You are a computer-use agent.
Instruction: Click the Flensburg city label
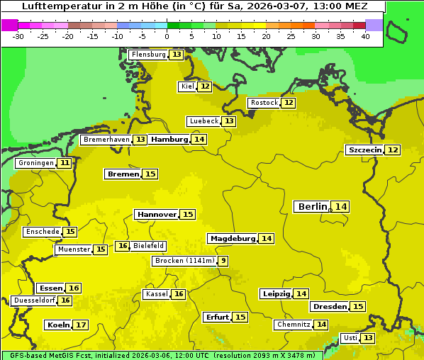148,55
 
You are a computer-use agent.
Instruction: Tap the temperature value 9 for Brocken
223,261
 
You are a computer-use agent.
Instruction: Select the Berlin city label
312,206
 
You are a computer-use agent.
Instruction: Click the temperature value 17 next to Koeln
81,325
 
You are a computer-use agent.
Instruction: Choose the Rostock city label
264,103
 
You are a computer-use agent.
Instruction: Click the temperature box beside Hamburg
199,140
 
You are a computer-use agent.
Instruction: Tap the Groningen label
36,163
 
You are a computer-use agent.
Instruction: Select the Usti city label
350,338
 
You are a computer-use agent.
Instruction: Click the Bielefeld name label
149,246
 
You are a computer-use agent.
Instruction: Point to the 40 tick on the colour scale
365,36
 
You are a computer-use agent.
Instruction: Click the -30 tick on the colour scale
18,36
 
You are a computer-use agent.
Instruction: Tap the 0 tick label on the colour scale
167,36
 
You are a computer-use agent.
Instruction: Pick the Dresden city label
329,307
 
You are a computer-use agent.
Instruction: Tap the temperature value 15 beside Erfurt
240,317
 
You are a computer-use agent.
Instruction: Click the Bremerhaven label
106,140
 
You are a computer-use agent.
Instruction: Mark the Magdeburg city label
232,239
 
